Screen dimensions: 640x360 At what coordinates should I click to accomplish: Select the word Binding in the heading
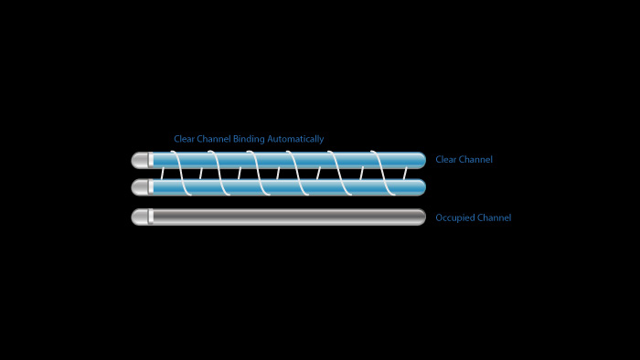click(x=249, y=140)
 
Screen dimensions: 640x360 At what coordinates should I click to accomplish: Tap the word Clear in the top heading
click(x=184, y=139)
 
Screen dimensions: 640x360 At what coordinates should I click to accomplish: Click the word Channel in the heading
click(x=214, y=139)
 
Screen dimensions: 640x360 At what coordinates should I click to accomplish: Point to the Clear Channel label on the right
click(x=464, y=159)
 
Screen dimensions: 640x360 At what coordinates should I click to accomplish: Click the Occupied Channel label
click(x=474, y=217)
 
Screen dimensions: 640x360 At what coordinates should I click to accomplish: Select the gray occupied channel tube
click(x=278, y=217)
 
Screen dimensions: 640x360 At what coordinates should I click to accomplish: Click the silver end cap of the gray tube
click(x=140, y=217)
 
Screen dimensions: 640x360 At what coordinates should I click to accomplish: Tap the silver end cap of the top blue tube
click(x=140, y=160)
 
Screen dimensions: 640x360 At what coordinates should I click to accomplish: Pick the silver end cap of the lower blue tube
click(x=140, y=187)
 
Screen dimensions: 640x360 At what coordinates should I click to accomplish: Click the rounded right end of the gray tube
click(x=421, y=217)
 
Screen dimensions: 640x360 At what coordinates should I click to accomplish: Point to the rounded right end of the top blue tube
click(x=421, y=160)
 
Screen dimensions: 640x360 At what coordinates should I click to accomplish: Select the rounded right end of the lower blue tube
click(x=421, y=187)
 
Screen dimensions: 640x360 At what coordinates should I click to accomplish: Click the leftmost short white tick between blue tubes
click(x=163, y=174)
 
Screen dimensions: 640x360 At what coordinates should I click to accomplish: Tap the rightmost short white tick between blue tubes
click(x=405, y=174)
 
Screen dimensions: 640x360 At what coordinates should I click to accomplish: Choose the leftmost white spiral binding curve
click(x=181, y=173)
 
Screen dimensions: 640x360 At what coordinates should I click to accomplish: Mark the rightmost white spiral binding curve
click(x=383, y=173)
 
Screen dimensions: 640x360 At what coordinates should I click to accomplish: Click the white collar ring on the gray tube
click(x=151, y=217)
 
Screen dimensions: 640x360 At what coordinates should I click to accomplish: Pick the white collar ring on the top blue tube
click(x=151, y=160)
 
